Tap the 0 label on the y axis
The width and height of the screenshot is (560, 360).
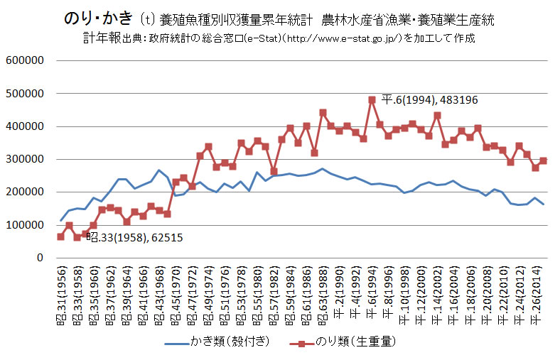click(x=42, y=258)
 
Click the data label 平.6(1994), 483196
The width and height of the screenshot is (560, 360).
click(x=429, y=100)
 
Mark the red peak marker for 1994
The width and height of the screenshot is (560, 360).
click(x=372, y=99)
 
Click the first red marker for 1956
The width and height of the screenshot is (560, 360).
click(x=60, y=236)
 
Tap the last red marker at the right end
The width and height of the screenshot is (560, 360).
click(x=543, y=160)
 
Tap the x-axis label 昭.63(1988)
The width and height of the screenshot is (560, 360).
click(x=323, y=291)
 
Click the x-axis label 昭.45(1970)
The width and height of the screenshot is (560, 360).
click(x=176, y=291)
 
